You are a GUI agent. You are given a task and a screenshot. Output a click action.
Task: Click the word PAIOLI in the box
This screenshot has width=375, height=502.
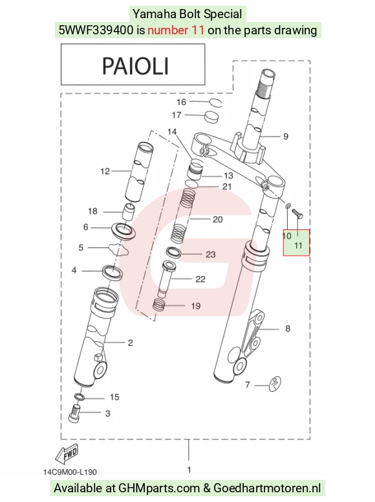pyautogui.click(x=135, y=66)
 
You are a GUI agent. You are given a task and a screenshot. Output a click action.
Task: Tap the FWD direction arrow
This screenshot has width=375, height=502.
pyautogui.click(x=67, y=454)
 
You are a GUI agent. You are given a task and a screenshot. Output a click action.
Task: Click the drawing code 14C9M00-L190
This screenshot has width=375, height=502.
pyautogui.click(x=70, y=472)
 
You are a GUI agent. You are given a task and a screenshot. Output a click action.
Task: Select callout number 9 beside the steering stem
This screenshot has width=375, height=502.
pyautogui.click(x=286, y=137)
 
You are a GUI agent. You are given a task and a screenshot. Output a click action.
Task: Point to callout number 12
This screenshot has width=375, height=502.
pyautogui.click(x=105, y=172)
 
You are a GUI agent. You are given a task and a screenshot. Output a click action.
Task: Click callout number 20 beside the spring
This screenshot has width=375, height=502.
pyautogui.click(x=218, y=220)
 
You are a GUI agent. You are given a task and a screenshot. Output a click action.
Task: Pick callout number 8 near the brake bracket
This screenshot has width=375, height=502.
pyautogui.click(x=288, y=329)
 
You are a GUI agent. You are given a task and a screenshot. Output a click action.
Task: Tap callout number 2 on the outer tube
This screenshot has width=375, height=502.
pyautogui.click(x=131, y=343)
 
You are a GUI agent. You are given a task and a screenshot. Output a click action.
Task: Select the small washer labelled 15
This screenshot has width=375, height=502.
pyautogui.click(x=80, y=397)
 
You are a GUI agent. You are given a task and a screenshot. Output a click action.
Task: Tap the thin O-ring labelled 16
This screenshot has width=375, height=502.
pyautogui.click(x=215, y=103)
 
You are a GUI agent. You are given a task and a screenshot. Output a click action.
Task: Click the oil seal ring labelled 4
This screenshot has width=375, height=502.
pyautogui.click(x=112, y=271)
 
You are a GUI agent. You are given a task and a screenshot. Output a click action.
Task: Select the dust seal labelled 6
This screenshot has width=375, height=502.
pyautogui.click(x=123, y=231)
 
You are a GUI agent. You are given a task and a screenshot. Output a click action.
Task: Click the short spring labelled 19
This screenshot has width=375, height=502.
pyautogui.click(x=159, y=304)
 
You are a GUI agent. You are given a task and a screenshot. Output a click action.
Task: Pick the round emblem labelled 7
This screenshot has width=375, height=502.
pyautogui.click(x=274, y=383)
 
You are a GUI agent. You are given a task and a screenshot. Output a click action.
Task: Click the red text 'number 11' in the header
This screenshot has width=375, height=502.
pyautogui.click(x=176, y=30)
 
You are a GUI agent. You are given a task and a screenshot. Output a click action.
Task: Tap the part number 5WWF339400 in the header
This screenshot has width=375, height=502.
pyautogui.click(x=96, y=30)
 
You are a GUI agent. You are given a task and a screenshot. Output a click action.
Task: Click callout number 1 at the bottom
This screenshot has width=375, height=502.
pyautogui.click(x=189, y=470)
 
